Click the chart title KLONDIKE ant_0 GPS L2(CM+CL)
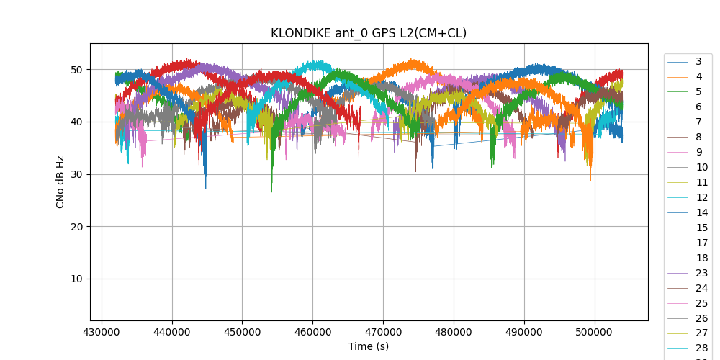coord(369,33)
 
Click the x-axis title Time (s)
coord(369,346)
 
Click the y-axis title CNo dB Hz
coord(60,181)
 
